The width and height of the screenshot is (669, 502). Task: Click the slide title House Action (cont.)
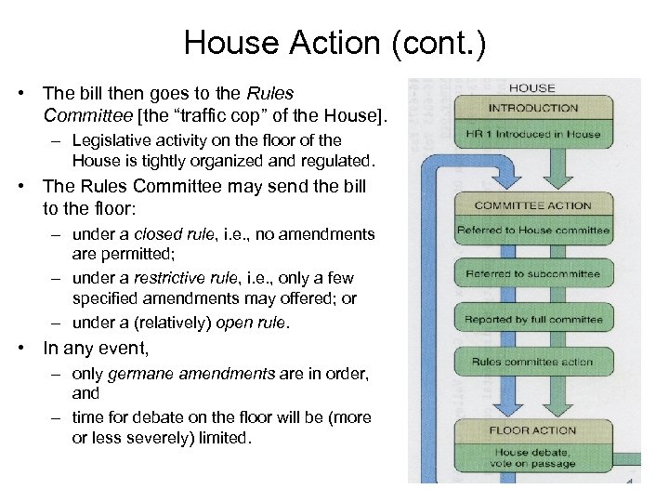(334, 42)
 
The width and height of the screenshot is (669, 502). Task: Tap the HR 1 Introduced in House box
(533, 134)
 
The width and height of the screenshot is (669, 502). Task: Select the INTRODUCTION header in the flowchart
(533, 108)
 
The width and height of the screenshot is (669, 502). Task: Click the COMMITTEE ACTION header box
(533, 205)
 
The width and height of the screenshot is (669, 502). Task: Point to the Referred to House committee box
(533, 230)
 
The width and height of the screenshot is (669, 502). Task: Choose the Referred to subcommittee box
(533, 274)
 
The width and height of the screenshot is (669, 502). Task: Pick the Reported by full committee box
(533, 320)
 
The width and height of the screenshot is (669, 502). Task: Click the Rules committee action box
(533, 362)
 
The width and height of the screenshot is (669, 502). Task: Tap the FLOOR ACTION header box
(533, 431)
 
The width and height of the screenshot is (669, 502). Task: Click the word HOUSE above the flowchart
(532, 88)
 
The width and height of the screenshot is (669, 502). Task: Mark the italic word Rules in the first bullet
(271, 93)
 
